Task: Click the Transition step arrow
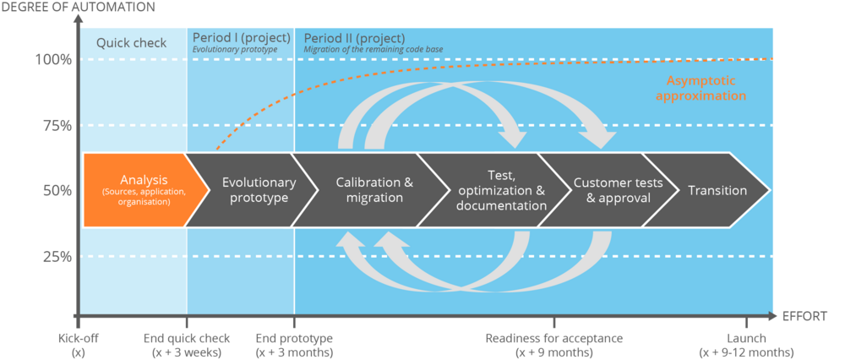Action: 717,190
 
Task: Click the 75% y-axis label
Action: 56,125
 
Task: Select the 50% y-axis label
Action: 56,191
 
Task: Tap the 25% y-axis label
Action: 56,256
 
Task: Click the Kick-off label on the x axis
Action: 78,345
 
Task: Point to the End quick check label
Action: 186,345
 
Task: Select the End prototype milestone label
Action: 294,345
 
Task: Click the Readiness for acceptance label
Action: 554,345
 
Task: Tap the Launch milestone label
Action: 746,345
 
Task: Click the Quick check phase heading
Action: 131,43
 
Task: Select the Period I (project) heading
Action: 241,38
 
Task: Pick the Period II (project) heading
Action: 354,38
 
